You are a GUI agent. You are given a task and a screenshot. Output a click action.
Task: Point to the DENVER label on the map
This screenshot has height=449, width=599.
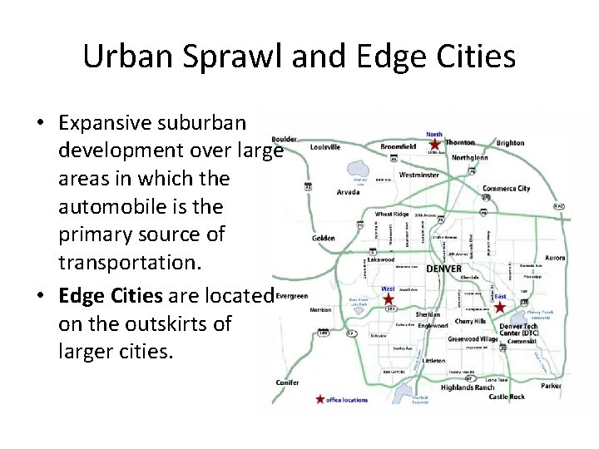point(443,269)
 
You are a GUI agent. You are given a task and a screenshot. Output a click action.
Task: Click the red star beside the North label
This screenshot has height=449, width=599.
point(434,144)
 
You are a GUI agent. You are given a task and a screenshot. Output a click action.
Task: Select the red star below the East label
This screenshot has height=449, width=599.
point(499,307)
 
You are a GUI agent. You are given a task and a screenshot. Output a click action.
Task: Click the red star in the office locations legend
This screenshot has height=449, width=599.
point(319,400)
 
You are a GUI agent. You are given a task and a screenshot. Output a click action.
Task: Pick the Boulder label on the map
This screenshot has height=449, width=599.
point(284,139)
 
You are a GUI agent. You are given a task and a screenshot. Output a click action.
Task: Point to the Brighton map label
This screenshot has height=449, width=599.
point(510,143)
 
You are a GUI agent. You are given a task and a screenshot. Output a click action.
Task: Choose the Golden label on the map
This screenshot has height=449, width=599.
point(324,239)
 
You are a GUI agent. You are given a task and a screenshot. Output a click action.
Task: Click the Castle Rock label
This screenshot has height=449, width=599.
point(507,397)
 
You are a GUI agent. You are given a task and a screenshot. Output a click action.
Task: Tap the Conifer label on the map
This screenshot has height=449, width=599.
point(288,382)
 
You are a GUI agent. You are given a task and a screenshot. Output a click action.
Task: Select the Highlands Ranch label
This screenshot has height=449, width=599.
point(468,387)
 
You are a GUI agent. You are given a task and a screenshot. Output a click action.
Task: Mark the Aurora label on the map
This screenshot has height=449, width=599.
point(554,259)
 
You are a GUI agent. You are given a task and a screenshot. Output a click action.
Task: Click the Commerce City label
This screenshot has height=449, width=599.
point(506,189)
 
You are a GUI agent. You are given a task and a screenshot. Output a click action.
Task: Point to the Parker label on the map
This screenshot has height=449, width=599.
point(551,386)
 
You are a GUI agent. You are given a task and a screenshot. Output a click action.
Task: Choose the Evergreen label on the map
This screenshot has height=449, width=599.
point(291,295)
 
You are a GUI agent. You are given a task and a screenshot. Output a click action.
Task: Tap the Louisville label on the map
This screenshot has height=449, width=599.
point(325,147)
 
